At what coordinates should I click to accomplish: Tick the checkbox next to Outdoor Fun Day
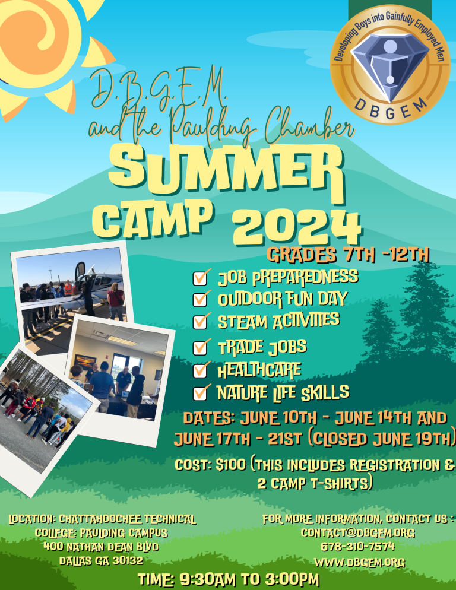pyautogui.click(x=200, y=300)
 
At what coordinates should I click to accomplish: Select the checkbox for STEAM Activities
pyautogui.click(x=200, y=322)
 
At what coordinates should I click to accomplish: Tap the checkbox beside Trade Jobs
pyautogui.click(x=200, y=348)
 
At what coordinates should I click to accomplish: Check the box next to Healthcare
pyautogui.click(x=200, y=370)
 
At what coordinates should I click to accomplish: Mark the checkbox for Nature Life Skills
pyautogui.click(x=200, y=394)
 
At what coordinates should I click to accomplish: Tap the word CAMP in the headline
pyautogui.click(x=152, y=219)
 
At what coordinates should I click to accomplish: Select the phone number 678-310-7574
pyautogui.click(x=357, y=546)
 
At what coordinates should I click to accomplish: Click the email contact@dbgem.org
pyautogui.click(x=357, y=532)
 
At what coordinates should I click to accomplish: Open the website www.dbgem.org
pyautogui.click(x=360, y=562)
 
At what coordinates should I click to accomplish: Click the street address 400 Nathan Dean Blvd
pyautogui.click(x=101, y=546)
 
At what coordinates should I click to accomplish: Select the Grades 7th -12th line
pyautogui.click(x=348, y=255)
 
